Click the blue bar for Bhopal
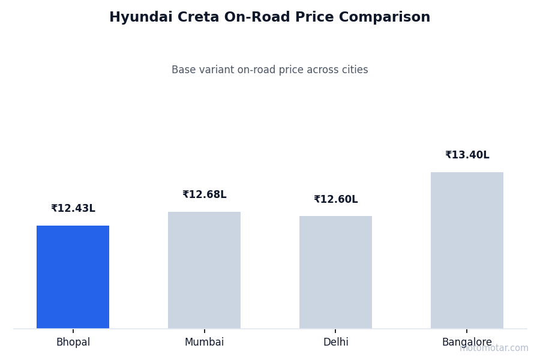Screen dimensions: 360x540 pos(73,277)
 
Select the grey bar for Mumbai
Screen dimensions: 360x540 pos(204,270)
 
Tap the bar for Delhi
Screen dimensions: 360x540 pos(335,272)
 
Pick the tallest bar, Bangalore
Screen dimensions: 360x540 pos(467,250)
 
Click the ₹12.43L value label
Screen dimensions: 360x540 pos(73,209)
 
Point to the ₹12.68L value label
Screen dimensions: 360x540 pos(204,195)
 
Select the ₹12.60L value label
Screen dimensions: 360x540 pos(335,200)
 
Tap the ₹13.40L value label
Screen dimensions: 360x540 pos(467,155)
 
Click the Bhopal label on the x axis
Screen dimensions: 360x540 pos(73,343)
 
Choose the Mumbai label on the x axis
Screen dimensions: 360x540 pos(204,343)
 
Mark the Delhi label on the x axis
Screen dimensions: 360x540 pos(335,343)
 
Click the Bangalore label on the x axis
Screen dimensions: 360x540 pos(467,343)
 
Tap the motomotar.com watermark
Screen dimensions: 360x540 pos(494,349)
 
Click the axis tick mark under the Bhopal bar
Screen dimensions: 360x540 pos(73,331)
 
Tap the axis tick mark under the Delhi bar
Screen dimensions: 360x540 pos(335,331)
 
